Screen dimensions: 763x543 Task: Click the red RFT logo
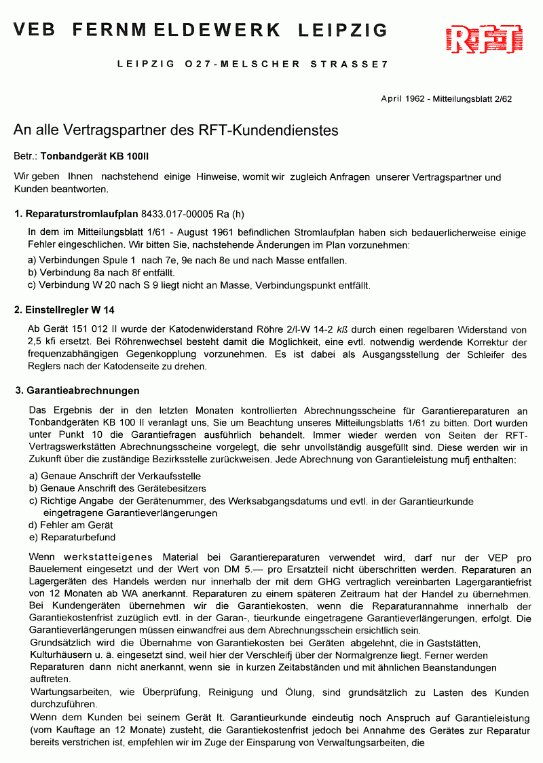(x=485, y=39)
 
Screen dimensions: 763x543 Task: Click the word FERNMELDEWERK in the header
(x=176, y=30)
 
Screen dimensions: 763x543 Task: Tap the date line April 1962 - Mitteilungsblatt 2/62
(x=446, y=98)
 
